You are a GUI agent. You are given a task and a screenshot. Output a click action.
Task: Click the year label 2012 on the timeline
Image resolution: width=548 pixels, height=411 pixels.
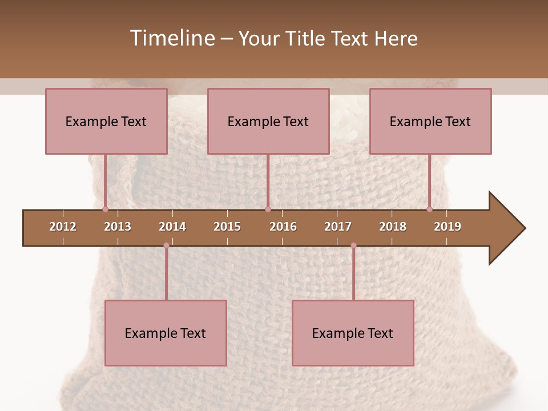pos(63,227)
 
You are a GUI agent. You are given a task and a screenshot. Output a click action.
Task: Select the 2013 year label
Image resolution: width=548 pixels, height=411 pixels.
pos(118,227)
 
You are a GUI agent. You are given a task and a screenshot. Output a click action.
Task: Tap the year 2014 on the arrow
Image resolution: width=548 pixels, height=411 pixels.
pos(172,227)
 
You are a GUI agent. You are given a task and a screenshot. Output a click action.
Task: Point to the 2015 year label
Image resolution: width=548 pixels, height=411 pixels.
pos(227,227)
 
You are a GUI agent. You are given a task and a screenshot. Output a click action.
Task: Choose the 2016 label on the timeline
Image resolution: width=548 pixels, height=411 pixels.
pos(283,227)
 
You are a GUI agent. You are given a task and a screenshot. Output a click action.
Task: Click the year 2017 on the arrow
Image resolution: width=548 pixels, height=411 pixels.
pos(338,227)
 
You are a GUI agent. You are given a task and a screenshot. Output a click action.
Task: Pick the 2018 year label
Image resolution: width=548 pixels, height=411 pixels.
pos(393,227)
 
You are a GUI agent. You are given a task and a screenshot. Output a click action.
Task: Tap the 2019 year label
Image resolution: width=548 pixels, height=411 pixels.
pos(448,227)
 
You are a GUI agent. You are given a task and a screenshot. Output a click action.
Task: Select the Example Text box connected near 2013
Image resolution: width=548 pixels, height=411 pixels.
pos(106,121)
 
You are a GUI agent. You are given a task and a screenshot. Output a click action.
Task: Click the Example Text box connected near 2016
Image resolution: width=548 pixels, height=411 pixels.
pos(268,121)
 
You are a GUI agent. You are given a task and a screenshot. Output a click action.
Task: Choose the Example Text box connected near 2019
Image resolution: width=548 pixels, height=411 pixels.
pos(430,121)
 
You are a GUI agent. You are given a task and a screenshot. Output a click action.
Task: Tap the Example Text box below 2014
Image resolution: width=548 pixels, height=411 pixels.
pos(166,333)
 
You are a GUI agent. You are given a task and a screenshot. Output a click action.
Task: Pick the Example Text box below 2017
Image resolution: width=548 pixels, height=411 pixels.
pos(353,333)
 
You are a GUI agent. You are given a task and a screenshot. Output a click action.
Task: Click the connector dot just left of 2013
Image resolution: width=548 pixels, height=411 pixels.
pos(105,209)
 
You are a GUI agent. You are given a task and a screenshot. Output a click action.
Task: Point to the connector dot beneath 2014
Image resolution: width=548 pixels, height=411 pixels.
pos(166,245)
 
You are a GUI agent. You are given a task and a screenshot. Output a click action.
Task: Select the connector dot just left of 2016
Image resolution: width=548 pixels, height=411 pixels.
pos(268,209)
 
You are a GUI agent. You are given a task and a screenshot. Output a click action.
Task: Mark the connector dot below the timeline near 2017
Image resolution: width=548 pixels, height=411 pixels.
pos(353,245)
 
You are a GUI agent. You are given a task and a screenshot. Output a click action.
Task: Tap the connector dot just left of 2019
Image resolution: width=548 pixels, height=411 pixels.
pos(429,209)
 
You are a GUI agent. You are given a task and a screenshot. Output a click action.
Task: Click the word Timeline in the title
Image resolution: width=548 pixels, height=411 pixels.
pos(172,38)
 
